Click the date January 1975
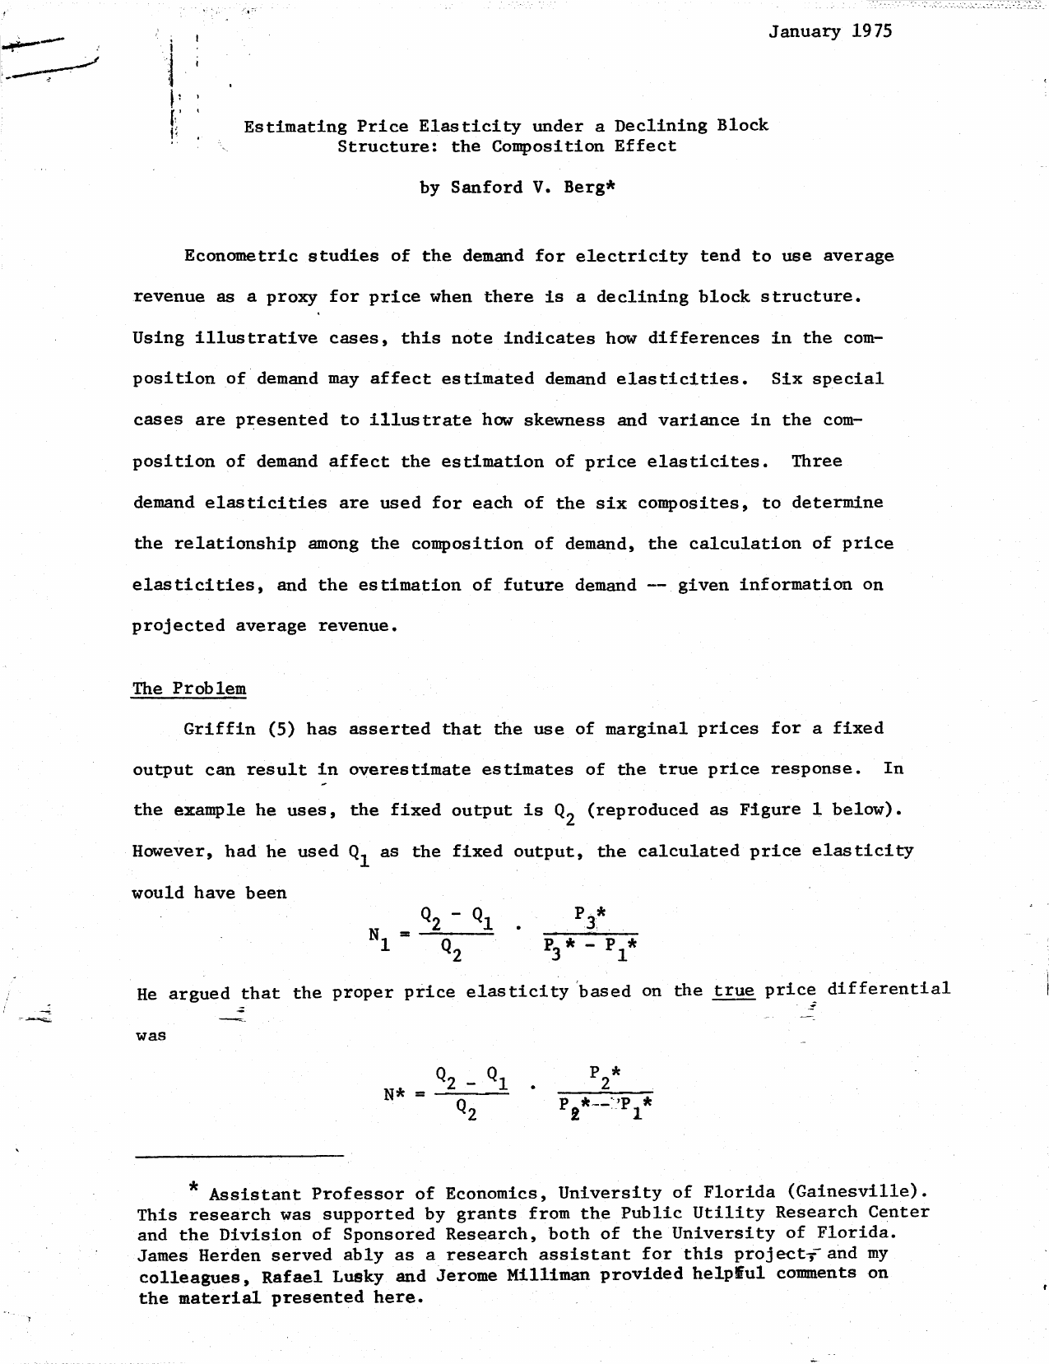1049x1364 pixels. [x=830, y=32]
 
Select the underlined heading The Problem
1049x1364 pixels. [x=188, y=689]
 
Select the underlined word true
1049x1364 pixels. [x=734, y=991]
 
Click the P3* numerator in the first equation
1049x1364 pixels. [x=590, y=915]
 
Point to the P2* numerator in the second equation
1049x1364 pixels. [x=605, y=1074]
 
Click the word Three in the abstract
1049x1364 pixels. [x=816, y=462]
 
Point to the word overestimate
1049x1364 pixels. [x=410, y=770]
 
